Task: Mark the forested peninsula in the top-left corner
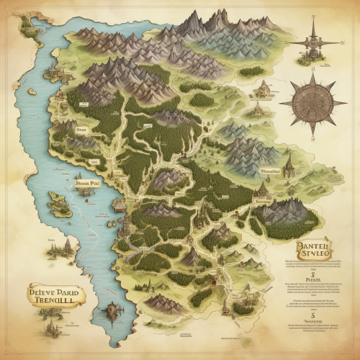click(27, 27)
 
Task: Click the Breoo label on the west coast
click(81, 130)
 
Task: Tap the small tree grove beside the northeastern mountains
click(251, 71)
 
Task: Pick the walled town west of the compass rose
click(262, 90)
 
